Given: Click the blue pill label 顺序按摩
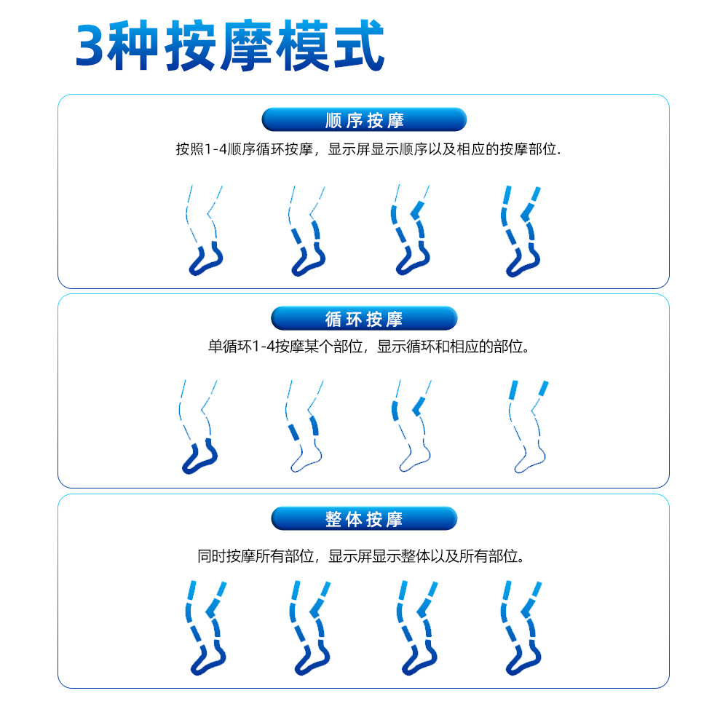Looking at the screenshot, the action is [x=364, y=120].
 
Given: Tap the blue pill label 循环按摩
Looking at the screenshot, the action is [x=364, y=319].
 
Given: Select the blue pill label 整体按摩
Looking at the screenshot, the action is [x=364, y=518].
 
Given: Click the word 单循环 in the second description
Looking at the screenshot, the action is [x=230, y=347].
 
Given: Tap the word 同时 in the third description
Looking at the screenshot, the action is [x=212, y=555].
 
